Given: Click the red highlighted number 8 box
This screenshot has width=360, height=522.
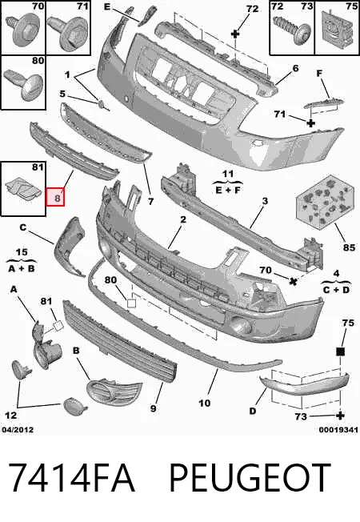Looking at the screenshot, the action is click(x=55, y=197).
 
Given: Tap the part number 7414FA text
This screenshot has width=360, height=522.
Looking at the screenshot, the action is click(x=71, y=478).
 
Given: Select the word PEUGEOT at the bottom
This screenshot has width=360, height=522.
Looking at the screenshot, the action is click(x=250, y=478).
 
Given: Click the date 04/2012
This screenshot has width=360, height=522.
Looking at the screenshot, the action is click(x=18, y=430).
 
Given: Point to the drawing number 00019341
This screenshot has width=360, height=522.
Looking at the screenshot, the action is click(x=338, y=430).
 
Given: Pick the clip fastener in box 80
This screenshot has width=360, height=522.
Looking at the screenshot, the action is click(x=24, y=85).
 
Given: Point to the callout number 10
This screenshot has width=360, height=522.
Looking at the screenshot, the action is click(x=205, y=404).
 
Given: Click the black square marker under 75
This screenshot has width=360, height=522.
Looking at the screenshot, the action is click(x=340, y=351).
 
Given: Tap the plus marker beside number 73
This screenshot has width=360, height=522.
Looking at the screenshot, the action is click(x=340, y=416).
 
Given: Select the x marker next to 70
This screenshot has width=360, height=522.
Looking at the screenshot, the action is click(x=293, y=281).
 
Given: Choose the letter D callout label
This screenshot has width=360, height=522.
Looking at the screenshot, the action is click(x=253, y=412).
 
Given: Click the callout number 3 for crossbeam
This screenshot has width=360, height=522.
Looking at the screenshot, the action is click(x=265, y=201).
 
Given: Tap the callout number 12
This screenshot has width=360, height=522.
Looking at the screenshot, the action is click(x=10, y=416).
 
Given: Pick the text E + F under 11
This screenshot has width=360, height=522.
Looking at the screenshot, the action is click(x=228, y=190).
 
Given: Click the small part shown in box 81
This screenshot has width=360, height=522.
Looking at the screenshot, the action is click(x=23, y=190).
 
